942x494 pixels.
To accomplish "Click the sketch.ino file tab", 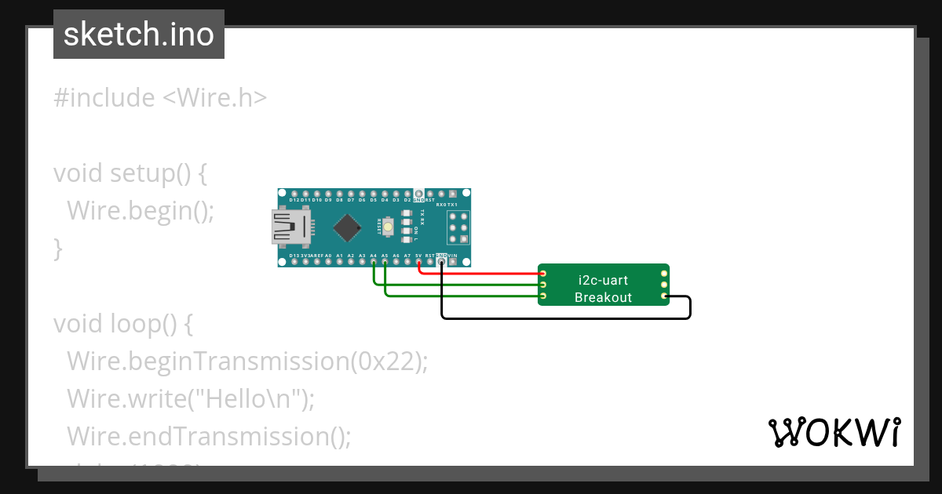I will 139,35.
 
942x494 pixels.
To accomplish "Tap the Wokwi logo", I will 834,432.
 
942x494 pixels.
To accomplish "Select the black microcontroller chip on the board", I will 346,227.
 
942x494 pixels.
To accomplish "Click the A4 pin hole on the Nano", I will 374,263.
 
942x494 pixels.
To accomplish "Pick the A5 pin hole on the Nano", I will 385,263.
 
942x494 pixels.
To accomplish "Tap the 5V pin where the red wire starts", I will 419,263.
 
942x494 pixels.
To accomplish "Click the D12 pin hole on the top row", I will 294,193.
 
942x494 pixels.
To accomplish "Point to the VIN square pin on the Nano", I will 453,263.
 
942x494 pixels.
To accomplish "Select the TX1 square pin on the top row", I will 453,193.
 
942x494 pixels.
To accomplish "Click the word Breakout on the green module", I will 603,297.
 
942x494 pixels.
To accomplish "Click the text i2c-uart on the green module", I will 603,280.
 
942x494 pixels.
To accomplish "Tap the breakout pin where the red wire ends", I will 543,273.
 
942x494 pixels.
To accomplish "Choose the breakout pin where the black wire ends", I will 664,296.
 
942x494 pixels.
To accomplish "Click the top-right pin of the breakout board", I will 664,273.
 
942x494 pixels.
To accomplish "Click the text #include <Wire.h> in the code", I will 160,98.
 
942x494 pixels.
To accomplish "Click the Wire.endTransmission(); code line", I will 209,436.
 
